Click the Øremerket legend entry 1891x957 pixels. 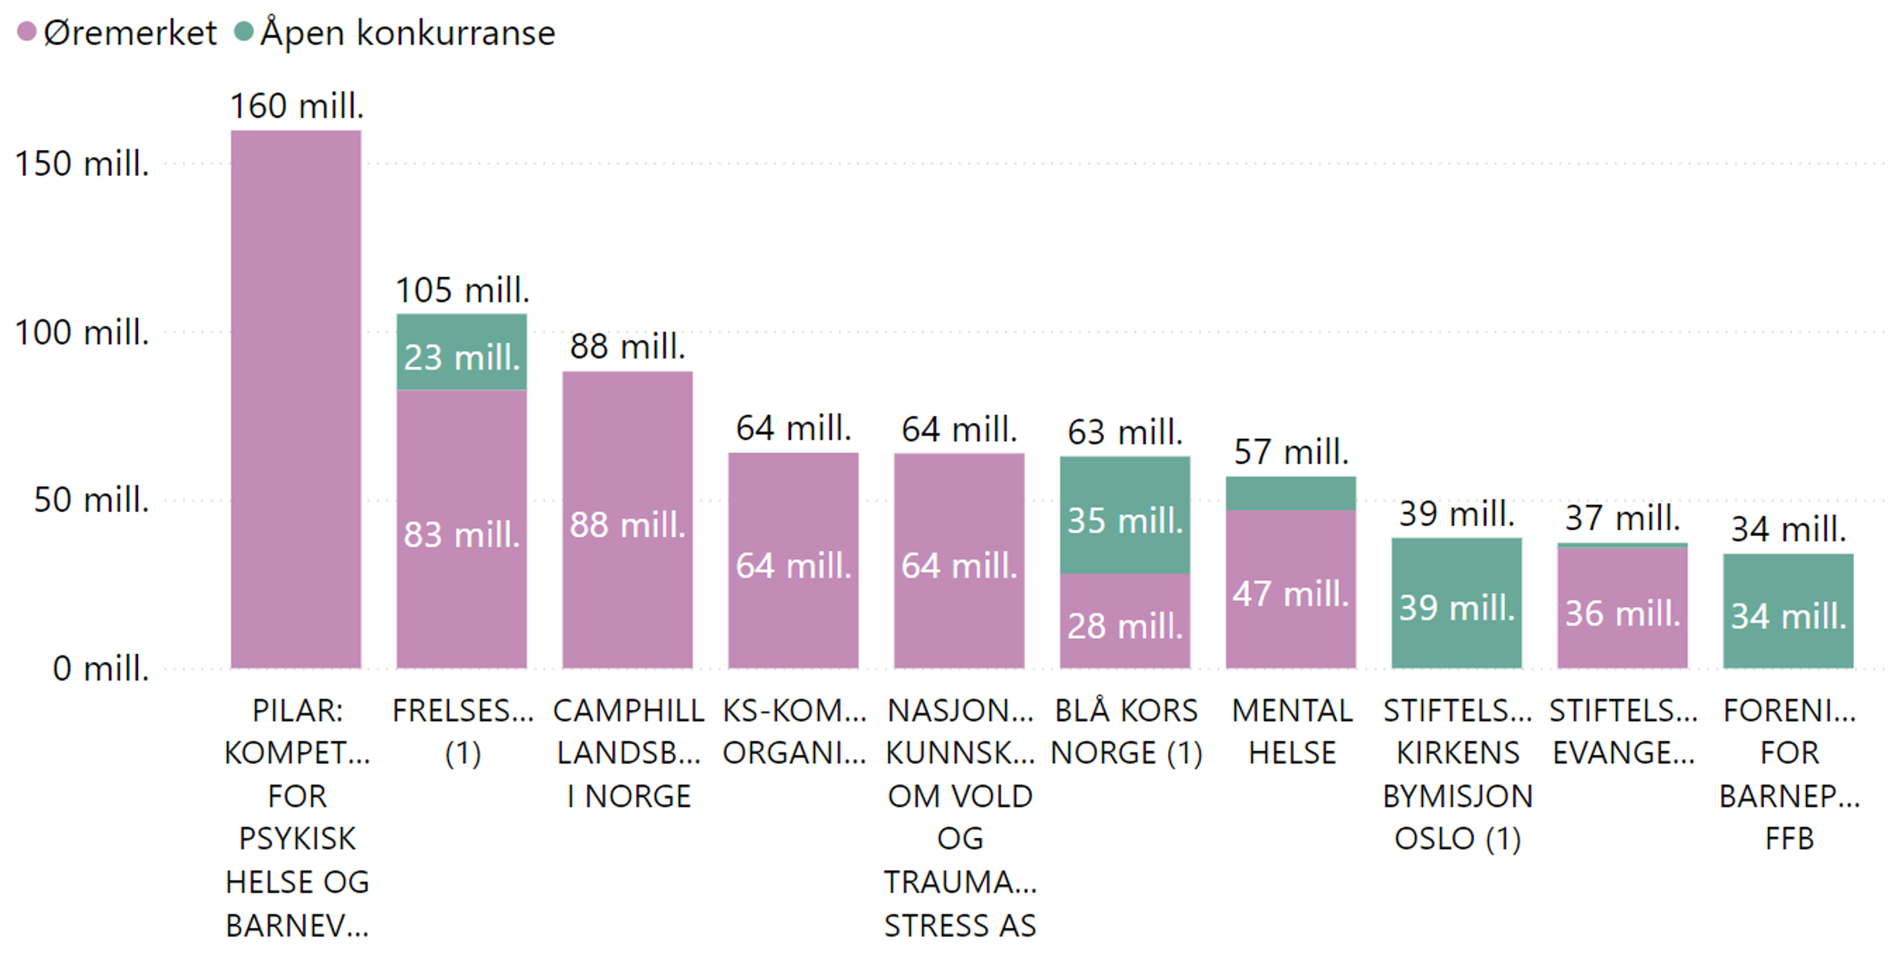click(118, 33)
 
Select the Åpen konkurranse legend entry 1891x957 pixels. click(396, 33)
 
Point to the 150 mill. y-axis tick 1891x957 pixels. click(83, 164)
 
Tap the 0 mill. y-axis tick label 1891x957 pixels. click(100, 669)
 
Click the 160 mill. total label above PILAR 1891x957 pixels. click(296, 106)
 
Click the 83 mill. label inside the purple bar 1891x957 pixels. click(462, 535)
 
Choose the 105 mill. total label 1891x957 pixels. click(462, 290)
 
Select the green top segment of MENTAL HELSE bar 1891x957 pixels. click(1291, 493)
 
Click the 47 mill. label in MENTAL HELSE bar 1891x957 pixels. click(1291, 593)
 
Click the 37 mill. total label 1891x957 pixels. click(1622, 518)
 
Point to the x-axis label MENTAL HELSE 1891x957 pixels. click(1292, 732)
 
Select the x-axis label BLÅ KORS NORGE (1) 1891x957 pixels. click(1126, 732)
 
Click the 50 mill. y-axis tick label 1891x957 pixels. click(92, 500)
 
